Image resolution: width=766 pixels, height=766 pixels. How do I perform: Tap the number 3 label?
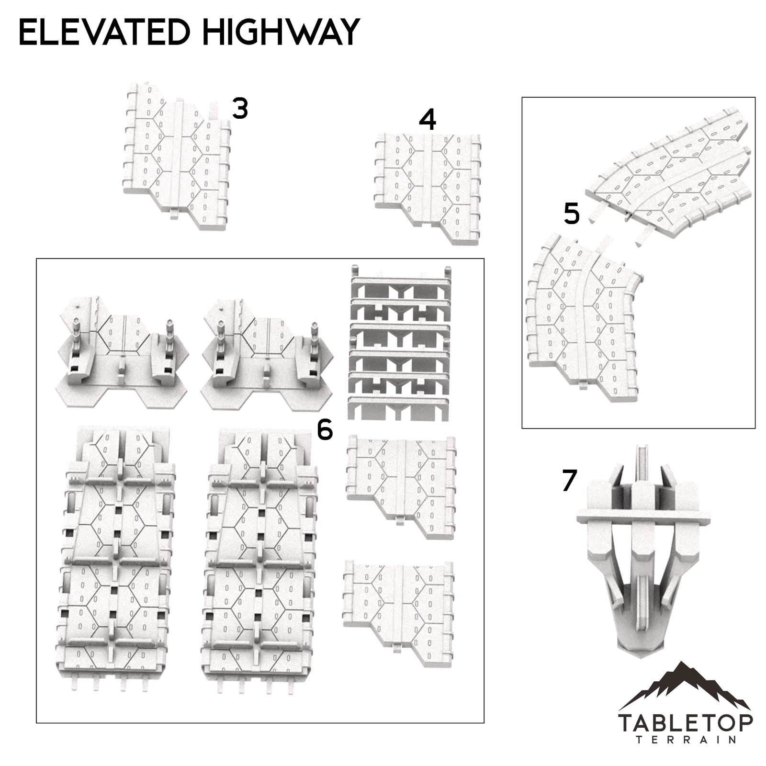[x=240, y=108]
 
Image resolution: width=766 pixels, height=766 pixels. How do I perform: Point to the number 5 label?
[x=572, y=214]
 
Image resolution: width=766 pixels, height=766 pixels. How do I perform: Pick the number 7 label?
[x=569, y=481]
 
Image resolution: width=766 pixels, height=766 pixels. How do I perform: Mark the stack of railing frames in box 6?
[x=400, y=342]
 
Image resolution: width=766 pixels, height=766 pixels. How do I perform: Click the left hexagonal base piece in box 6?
[x=122, y=357]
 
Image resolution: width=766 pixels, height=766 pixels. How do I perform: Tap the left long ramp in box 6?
[x=116, y=555]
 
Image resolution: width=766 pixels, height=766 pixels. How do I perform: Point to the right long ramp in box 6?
[x=260, y=555]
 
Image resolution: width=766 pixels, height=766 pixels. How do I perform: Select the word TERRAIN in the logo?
[x=686, y=740]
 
